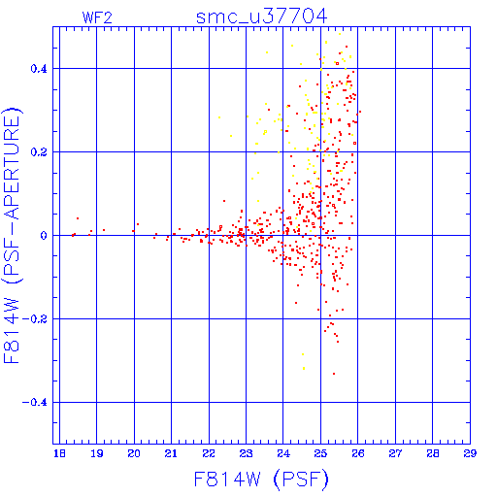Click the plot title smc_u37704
(261, 17)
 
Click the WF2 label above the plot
(97, 17)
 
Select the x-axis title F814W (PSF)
(261, 480)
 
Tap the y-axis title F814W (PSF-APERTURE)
(12, 236)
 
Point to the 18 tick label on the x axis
(59, 453)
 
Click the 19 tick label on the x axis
(97, 453)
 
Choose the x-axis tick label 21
(171, 453)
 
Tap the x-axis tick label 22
(209, 453)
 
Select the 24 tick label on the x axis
(283, 453)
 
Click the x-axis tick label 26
(358, 453)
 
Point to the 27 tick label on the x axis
(395, 453)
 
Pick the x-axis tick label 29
(470, 453)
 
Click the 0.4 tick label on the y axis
(39, 69)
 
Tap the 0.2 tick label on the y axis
(39, 152)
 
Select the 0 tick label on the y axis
(44, 236)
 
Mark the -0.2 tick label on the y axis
(35, 319)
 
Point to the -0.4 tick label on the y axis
(35, 403)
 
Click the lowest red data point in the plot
(334, 374)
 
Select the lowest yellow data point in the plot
(304, 368)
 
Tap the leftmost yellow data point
(219, 117)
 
